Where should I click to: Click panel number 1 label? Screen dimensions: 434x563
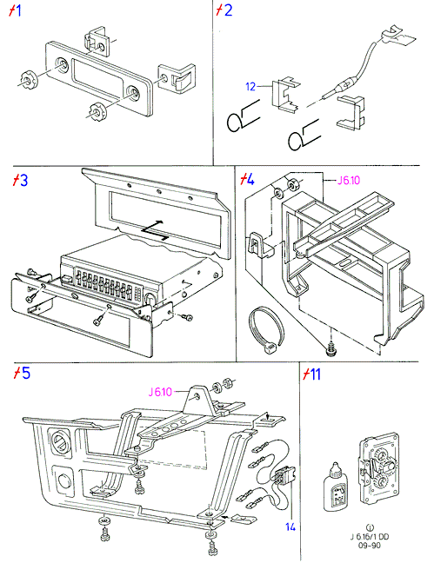[15, 10]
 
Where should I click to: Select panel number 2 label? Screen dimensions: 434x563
[224, 10]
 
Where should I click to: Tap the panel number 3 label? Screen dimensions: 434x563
[20, 180]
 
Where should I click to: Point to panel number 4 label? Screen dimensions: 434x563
[247, 179]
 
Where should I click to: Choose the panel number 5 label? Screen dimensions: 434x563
[22, 373]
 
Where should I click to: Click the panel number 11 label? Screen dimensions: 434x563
[311, 374]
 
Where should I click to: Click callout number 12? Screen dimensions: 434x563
[250, 87]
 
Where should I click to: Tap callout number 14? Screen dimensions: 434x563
[290, 527]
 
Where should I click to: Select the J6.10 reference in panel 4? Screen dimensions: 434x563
[349, 180]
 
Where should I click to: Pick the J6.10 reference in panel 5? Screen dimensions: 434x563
[160, 392]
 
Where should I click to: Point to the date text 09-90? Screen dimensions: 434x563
[370, 546]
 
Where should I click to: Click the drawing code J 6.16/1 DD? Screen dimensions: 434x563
[370, 537]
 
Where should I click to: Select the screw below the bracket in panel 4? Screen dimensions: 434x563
[331, 349]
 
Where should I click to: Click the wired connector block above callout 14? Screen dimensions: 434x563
[283, 478]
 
